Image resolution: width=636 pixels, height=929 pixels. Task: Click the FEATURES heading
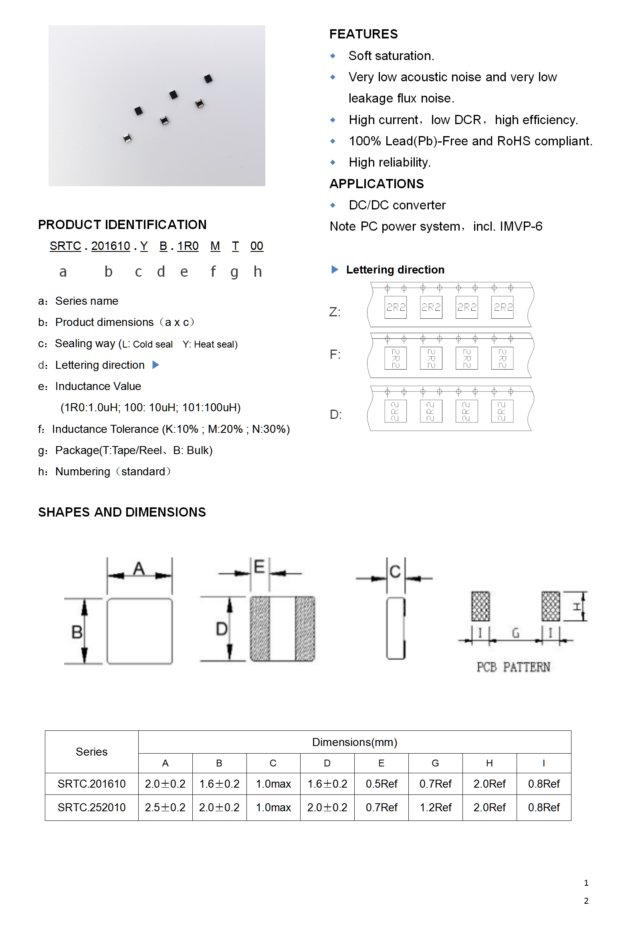[363, 34]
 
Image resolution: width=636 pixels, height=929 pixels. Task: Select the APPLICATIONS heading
[376, 184]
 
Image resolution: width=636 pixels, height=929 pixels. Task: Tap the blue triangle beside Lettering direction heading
[335, 269]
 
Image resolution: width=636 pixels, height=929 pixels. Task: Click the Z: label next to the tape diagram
[335, 312]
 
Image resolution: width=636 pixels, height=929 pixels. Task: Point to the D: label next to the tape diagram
[335, 414]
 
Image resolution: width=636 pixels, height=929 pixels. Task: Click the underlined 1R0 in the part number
[188, 246]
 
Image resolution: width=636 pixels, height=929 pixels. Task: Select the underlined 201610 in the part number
[111, 246]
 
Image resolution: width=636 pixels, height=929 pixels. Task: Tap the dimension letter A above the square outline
[139, 569]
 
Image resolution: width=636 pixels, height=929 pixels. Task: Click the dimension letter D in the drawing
[222, 629]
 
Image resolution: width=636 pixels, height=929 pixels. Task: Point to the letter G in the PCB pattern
[515, 633]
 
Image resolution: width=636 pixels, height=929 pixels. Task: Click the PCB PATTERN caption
[513, 667]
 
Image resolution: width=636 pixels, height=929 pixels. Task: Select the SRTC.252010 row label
[92, 807]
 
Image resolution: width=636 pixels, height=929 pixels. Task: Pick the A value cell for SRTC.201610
[165, 784]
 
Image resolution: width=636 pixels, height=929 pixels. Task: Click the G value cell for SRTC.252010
[435, 807]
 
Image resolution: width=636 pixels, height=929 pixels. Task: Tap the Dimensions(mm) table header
[355, 742]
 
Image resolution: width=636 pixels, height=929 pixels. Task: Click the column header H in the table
[489, 763]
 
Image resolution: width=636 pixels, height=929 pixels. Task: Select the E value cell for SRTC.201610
[381, 784]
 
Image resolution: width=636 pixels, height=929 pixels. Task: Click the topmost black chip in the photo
[208, 78]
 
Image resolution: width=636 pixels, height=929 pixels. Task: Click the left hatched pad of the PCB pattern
[480, 606]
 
